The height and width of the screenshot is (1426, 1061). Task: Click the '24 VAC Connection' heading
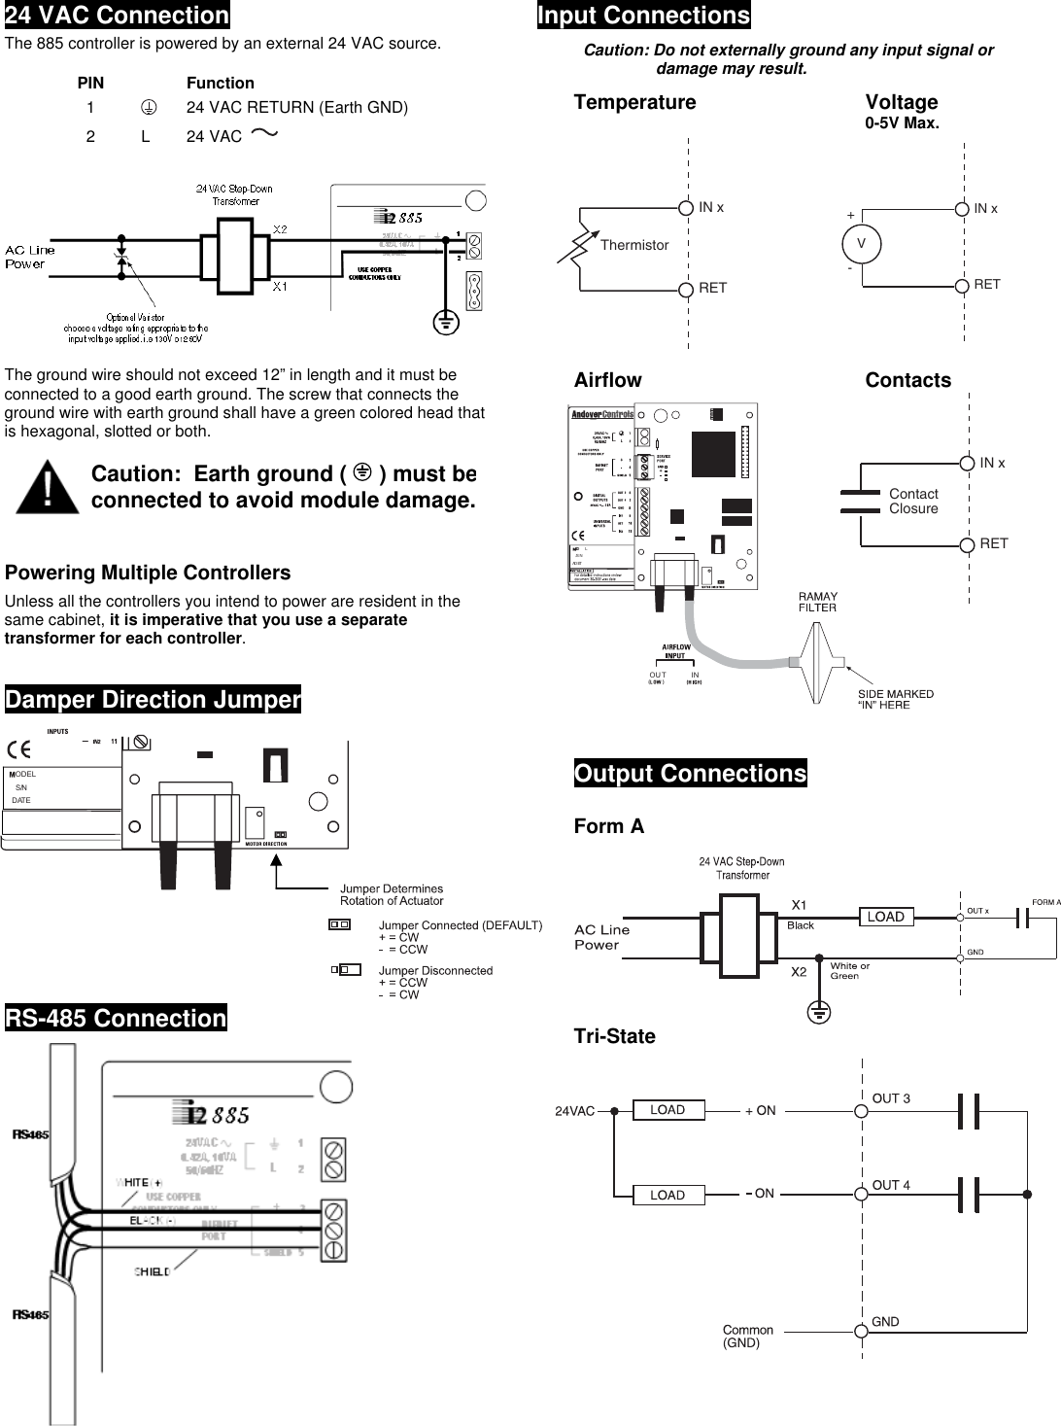click(x=117, y=16)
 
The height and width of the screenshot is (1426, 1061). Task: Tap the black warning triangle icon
click(x=48, y=488)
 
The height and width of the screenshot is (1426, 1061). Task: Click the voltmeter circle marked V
click(x=861, y=244)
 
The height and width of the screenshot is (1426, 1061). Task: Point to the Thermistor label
click(x=633, y=245)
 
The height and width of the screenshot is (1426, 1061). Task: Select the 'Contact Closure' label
click(x=913, y=501)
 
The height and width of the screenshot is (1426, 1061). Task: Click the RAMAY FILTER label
click(x=817, y=602)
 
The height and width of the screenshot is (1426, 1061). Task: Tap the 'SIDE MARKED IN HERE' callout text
click(x=895, y=699)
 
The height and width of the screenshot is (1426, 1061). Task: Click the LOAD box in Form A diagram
click(x=885, y=917)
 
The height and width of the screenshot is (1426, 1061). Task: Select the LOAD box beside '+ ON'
click(x=667, y=1110)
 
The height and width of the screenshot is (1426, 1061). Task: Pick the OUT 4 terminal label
click(x=891, y=1185)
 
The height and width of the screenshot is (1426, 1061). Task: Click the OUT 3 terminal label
click(x=891, y=1098)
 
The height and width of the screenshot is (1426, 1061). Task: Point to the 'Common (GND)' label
click(x=747, y=1336)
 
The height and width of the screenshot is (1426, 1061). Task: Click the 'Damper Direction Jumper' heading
click(x=153, y=699)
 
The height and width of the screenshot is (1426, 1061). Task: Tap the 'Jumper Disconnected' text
click(x=435, y=970)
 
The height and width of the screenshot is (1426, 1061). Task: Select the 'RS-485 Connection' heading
click(x=116, y=1018)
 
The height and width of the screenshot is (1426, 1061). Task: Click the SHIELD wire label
click(x=152, y=1271)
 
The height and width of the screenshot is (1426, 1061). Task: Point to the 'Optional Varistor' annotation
click(x=136, y=328)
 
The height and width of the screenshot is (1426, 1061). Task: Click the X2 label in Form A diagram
click(x=799, y=971)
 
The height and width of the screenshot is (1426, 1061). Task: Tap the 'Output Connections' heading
click(x=690, y=773)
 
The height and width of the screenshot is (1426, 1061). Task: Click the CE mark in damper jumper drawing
click(x=18, y=749)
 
